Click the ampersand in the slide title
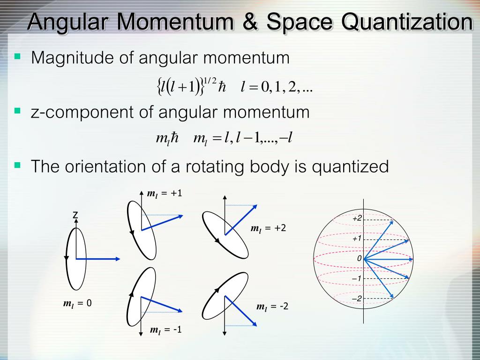click(250, 22)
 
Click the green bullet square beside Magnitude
click(17, 56)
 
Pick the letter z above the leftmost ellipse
click(75, 215)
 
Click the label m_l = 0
click(77, 303)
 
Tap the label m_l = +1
click(165, 194)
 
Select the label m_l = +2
click(268, 228)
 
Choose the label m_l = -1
click(165, 330)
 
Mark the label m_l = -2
click(272, 307)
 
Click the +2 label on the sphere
click(357, 218)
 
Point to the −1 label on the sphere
click(356, 278)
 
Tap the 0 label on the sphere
click(360, 259)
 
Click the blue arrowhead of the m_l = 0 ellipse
click(118, 259)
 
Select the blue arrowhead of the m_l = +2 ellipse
click(255, 207)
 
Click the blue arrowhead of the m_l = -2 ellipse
click(254, 323)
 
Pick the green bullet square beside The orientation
click(17, 165)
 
